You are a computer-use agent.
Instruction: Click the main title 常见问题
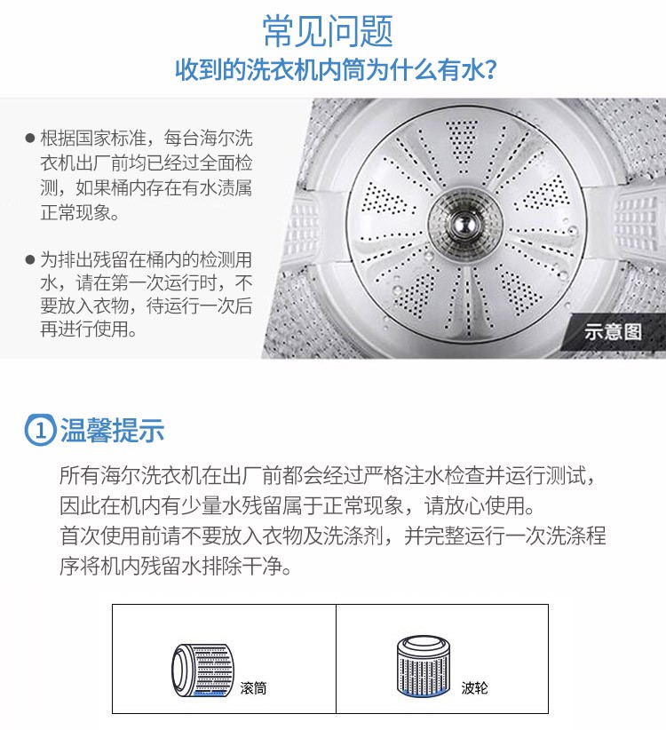[328, 31]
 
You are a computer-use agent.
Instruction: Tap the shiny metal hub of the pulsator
[464, 225]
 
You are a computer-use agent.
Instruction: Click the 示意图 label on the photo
[613, 332]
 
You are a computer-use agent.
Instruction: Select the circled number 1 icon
[40, 430]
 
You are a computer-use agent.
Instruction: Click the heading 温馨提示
[112, 430]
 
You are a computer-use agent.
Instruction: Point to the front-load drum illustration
[202, 670]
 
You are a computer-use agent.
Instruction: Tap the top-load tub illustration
[424, 666]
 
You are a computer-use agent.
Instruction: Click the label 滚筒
[254, 688]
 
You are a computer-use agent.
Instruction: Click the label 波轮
[474, 687]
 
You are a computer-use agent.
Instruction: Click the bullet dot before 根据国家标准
[30, 138]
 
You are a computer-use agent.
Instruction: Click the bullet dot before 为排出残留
[30, 259]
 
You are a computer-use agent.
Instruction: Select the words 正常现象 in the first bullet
[75, 213]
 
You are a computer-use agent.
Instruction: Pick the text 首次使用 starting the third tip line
[100, 536]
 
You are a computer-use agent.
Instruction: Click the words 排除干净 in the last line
[241, 566]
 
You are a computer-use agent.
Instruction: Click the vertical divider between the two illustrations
[336, 659]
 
